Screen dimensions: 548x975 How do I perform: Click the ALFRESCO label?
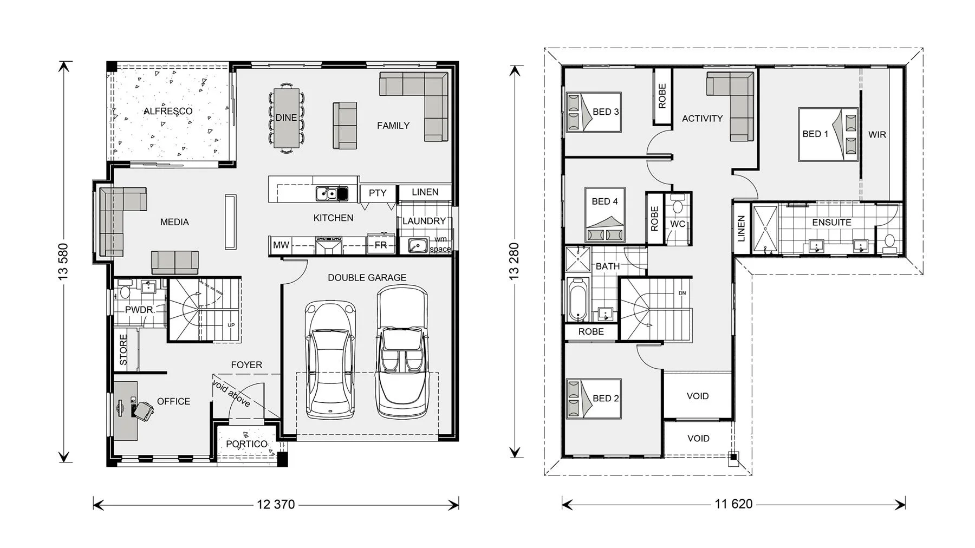click(168, 111)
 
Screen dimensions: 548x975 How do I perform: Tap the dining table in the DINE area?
click(286, 118)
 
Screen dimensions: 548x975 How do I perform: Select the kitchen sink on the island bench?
click(332, 193)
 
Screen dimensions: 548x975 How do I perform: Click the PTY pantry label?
click(378, 193)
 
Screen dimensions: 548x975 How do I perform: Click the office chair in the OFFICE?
click(144, 410)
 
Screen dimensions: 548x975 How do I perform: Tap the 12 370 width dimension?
click(276, 505)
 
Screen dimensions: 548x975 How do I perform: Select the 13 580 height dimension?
click(64, 262)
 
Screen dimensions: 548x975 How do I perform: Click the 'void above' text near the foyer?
click(232, 394)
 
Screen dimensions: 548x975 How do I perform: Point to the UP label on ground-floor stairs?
click(231, 325)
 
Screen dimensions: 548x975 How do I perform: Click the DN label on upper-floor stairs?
click(682, 293)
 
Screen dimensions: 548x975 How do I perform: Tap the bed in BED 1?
click(828, 134)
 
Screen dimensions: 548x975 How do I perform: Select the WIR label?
click(877, 134)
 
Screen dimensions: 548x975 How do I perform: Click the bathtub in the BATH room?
click(578, 300)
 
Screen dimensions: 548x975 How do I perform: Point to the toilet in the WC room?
click(678, 206)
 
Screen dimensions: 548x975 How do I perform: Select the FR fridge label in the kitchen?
click(381, 245)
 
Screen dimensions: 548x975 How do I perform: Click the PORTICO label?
click(246, 444)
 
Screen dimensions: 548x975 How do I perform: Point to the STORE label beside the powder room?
click(123, 350)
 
